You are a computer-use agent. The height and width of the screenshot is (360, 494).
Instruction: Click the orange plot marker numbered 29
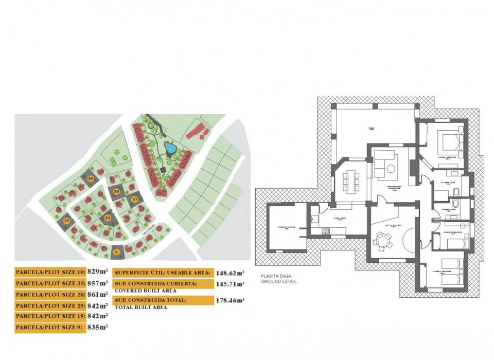[91, 178]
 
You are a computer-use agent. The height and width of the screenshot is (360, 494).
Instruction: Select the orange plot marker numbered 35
[116, 192]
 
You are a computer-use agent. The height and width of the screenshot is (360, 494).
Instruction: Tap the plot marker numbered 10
[134, 199]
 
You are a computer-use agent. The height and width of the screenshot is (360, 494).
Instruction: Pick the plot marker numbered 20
[108, 218]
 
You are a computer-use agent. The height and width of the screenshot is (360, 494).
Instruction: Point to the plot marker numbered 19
[66, 221]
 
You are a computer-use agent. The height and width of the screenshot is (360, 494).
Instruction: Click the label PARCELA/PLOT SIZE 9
[49, 327]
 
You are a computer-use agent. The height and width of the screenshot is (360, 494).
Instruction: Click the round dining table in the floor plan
[382, 240]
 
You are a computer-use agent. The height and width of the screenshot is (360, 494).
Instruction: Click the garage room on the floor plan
[286, 227]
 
